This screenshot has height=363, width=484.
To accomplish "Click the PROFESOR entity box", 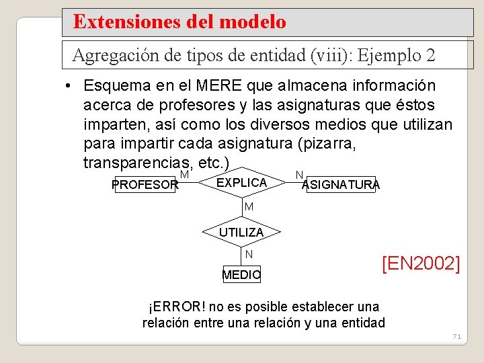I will pos(145,185).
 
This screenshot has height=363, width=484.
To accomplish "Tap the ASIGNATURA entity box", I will pos(341,185).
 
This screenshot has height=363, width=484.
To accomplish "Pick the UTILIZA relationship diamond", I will pos(241,232).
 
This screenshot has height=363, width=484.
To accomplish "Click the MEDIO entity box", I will pos(241,275).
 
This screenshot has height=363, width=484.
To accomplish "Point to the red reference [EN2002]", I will pos(421,264).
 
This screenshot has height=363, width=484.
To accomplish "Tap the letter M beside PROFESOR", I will pos(184,175).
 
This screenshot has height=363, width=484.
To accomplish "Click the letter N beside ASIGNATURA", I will pos(298,175).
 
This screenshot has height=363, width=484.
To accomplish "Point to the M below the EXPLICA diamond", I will pos(249,207).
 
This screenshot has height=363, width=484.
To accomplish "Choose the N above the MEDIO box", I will pos(249,255).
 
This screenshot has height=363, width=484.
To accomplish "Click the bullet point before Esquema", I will pos(69,87).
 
